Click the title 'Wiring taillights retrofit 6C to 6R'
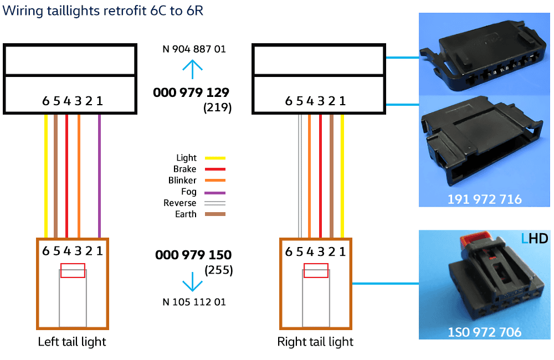click(103, 11)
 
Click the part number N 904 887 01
click(194, 49)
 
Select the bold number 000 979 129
click(191, 92)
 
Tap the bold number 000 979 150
click(193, 255)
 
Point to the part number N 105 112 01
click(194, 302)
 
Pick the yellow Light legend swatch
click(216, 158)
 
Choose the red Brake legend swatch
click(216, 169)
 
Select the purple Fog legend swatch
click(216, 192)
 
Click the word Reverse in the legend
click(180, 203)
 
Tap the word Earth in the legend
click(186, 214)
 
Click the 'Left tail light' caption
click(72, 342)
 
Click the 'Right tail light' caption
click(315, 342)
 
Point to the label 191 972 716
click(484, 199)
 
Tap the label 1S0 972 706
click(484, 332)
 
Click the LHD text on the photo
click(535, 239)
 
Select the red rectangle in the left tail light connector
click(73, 270)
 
